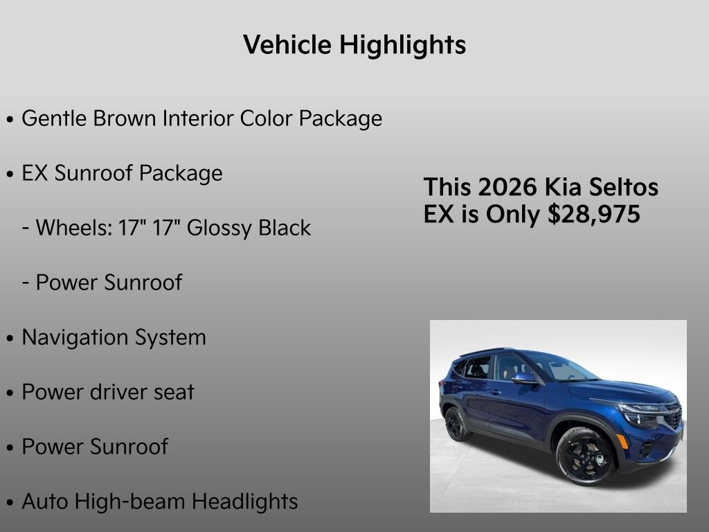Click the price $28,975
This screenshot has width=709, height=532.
tap(594, 215)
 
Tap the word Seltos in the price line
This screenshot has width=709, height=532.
tap(627, 188)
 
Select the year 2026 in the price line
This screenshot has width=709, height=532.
tap(508, 188)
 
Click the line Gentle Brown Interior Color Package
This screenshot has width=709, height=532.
tap(201, 118)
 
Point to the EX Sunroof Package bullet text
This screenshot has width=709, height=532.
tap(122, 173)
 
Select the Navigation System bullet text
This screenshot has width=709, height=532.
tap(114, 337)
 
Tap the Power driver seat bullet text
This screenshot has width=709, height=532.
tap(108, 392)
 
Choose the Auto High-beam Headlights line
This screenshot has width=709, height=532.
tap(160, 502)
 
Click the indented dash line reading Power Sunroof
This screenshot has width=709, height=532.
tap(108, 283)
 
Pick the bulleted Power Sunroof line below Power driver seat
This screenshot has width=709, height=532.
tap(95, 447)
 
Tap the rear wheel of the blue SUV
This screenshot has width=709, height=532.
tap(456, 424)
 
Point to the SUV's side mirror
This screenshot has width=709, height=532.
tap(524, 378)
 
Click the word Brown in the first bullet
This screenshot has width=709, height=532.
tap(125, 118)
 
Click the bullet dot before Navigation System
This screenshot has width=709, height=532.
tap(10, 339)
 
